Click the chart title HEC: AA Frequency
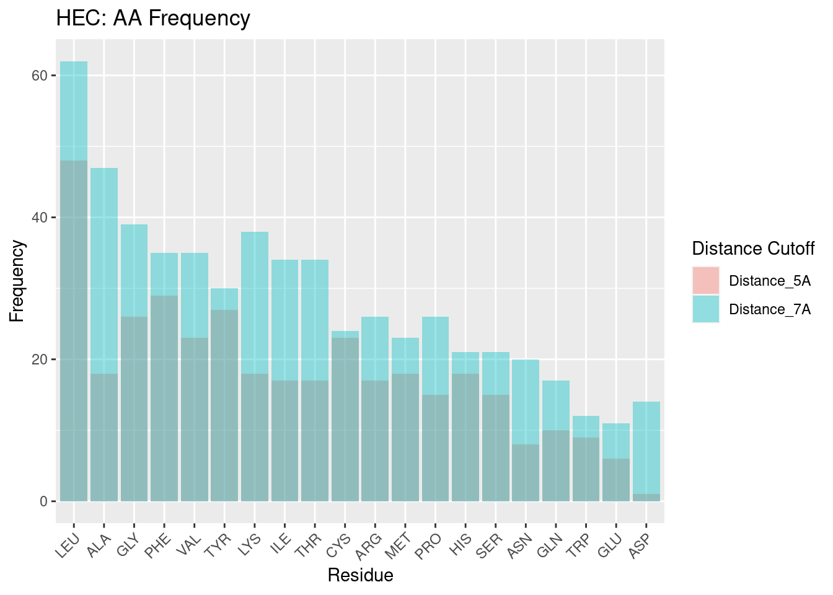[153, 19]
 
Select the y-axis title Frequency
[17, 281]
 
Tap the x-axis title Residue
[360, 575]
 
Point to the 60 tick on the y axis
[40, 76]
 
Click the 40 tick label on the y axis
[40, 218]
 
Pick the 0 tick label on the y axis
[43, 501]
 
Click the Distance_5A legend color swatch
[706, 281]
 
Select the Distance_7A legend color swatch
[706, 309]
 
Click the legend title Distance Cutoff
[753, 249]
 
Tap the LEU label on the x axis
[68, 545]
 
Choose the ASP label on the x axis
[640, 545]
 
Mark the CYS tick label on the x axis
[339, 545]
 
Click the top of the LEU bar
[74, 63]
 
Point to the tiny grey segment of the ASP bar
[646, 498]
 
